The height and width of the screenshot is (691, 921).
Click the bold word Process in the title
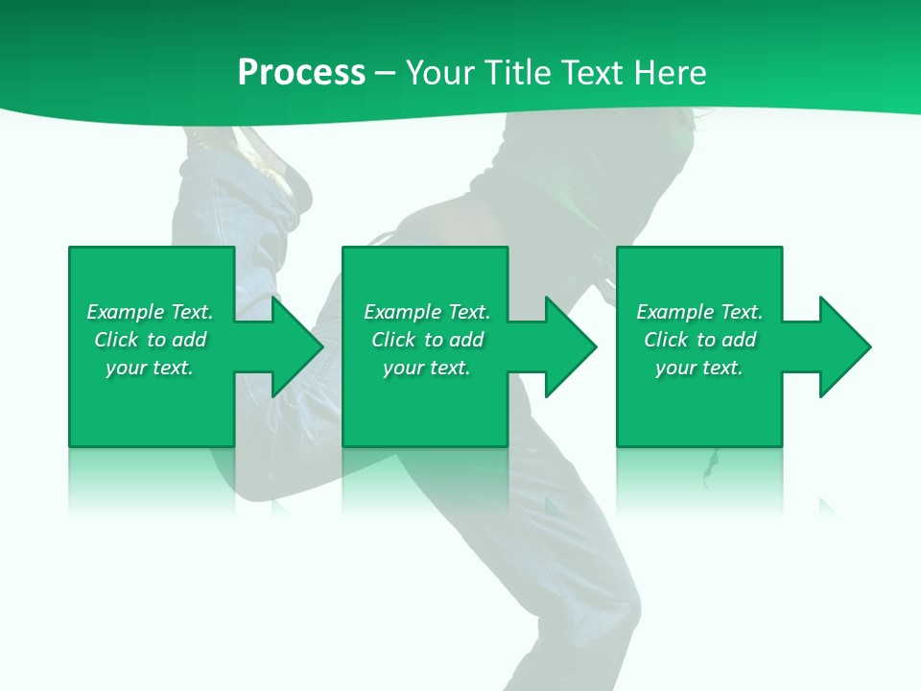[301, 73]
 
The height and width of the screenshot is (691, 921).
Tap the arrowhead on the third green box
[841, 346]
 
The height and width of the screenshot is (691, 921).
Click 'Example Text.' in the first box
[150, 312]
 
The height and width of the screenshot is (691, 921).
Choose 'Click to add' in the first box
[150, 340]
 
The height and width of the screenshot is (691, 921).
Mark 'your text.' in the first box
[150, 368]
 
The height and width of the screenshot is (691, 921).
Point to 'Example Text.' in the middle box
[427, 312]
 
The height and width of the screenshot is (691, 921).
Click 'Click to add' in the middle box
[427, 340]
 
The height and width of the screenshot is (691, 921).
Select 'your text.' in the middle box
[427, 368]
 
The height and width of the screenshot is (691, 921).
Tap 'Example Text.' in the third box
[699, 312]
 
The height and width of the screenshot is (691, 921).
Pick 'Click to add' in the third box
[699, 340]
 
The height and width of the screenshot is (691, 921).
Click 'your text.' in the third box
[699, 368]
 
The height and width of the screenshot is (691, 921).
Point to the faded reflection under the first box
[152, 480]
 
